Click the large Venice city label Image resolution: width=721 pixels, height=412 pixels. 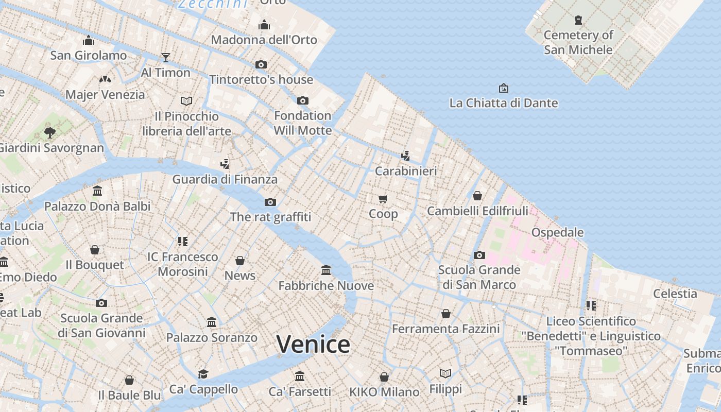[x=313, y=344]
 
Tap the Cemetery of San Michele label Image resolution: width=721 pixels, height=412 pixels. [x=578, y=42]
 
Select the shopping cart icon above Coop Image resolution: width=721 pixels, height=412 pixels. [x=383, y=199]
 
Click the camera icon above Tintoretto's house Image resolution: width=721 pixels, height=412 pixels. [x=261, y=64]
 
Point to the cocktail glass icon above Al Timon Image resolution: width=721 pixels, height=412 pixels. [x=166, y=57]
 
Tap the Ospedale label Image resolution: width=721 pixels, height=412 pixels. [x=557, y=232]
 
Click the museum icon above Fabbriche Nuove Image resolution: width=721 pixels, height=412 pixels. [x=326, y=270]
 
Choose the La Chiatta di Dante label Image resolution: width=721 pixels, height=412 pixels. [x=503, y=102]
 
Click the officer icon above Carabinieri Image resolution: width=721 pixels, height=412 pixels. [x=406, y=156]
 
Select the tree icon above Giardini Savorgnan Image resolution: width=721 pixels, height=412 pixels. [x=50, y=132]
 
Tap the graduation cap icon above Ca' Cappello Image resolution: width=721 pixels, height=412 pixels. [x=203, y=374]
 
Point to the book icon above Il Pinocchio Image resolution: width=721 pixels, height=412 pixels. [x=186, y=101]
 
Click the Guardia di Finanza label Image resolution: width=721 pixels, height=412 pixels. [x=225, y=179]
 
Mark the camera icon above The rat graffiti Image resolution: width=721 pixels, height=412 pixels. [x=270, y=202]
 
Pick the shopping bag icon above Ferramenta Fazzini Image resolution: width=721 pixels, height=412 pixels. [x=446, y=314]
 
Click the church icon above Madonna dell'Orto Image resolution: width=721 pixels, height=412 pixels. [x=264, y=25]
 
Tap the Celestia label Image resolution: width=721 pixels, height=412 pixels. [x=675, y=294]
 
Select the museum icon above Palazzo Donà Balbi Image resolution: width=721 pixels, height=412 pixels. [x=97, y=191]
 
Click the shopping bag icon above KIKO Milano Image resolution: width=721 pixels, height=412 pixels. [x=384, y=377]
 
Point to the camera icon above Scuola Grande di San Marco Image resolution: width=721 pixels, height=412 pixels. [x=479, y=255]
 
